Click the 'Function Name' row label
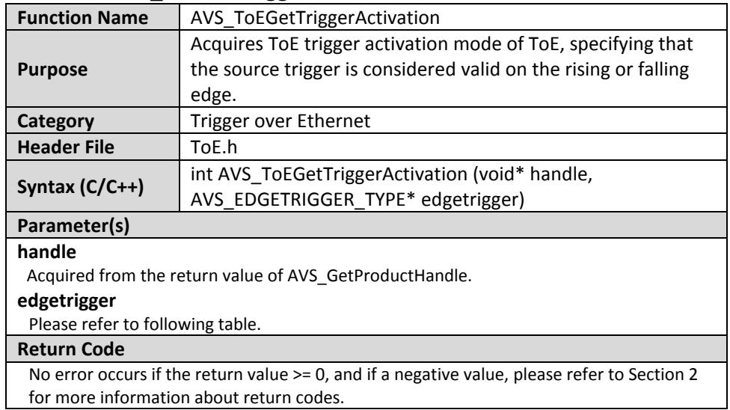(x=82, y=18)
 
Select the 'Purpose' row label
(x=52, y=70)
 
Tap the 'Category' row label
(x=55, y=121)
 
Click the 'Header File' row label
(x=66, y=147)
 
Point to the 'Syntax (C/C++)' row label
(x=80, y=187)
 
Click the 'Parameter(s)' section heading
(x=73, y=226)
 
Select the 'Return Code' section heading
(x=71, y=349)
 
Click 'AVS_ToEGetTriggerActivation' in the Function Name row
(x=315, y=18)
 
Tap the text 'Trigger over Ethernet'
(x=280, y=121)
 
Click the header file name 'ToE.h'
(x=214, y=147)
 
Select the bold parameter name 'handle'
(x=46, y=251)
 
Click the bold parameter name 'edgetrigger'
(x=67, y=301)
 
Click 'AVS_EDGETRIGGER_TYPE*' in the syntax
(x=303, y=200)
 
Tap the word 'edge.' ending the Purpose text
(x=214, y=95)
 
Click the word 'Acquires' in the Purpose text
(x=227, y=44)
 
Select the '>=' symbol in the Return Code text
(x=302, y=375)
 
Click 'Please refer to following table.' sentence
(x=145, y=324)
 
